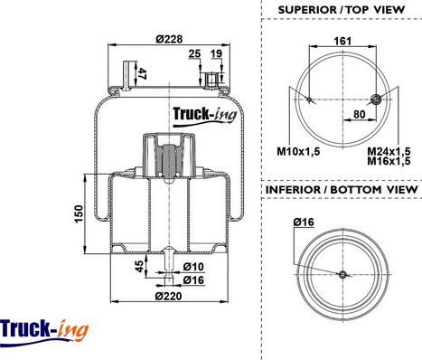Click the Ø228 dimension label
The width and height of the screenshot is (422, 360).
(x=169, y=39)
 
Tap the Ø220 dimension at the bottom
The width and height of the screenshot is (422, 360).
(x=168, y=296)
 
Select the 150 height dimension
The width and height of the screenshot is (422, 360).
(x=79, y=213)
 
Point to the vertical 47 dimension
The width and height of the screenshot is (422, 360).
(x=142, y=74)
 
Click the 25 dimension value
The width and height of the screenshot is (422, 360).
(x=194, y=53)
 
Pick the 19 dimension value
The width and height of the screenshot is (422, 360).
(x=216, y=53)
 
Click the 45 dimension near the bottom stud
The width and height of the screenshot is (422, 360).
(x=139, y=266)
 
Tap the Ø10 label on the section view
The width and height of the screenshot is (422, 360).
(x=193, y=267)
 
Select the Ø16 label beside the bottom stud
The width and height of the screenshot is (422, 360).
(x=193, y=280)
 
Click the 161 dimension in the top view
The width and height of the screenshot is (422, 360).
(x=342, y=41)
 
